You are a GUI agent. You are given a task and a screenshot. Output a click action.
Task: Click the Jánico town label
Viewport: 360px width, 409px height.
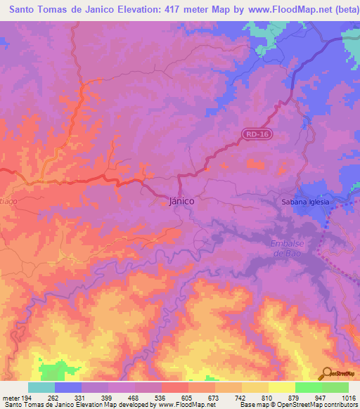(182, 200)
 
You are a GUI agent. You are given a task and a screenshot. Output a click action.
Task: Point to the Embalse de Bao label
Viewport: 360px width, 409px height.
(286, 248)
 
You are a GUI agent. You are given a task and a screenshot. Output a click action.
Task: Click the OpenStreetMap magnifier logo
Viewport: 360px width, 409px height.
(328, 374)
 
